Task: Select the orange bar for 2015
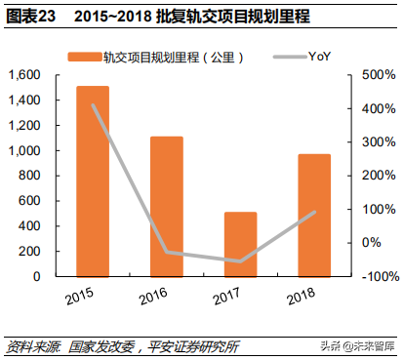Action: coord(93,180)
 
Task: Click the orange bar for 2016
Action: coord(167,206)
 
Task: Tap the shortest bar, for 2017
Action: coord(240,244)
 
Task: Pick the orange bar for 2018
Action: coord(313,215)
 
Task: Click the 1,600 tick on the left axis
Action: coord(24,75)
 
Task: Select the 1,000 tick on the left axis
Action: coord(24,150)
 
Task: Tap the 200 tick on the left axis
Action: coord(29,251)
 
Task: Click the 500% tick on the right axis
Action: coord(375,75)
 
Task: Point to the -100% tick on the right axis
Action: coord(374,276)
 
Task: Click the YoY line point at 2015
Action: coord(93,105)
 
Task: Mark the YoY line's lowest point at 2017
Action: coord(240,261)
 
